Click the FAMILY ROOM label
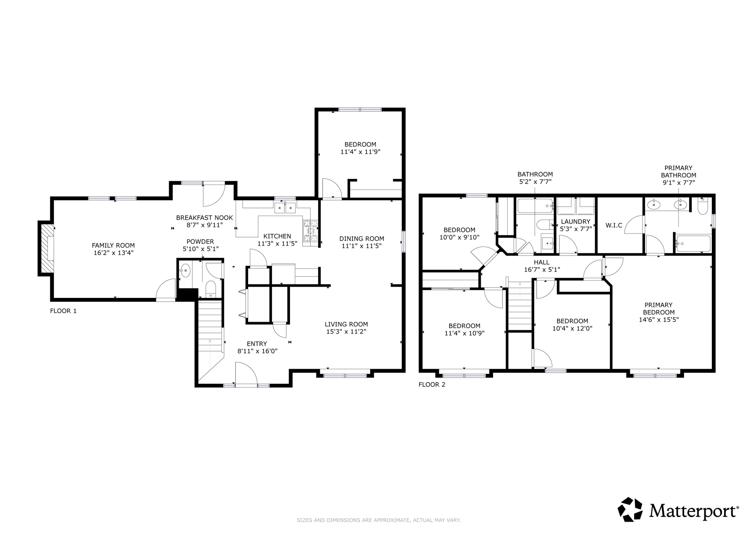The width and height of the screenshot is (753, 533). tap(113, 245)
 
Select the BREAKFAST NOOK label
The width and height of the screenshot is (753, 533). tap(204, 218)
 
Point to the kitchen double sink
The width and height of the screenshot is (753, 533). tap(285, 208)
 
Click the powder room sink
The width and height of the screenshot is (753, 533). tap(185, 271)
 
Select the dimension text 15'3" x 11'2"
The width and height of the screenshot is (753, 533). tap(346, 331)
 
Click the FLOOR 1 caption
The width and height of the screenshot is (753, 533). tap(63, 311)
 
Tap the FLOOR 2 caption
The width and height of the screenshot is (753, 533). tap(432, 384)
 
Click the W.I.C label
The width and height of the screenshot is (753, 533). tap(614, 225)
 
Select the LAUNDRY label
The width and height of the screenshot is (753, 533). tap(576, 221)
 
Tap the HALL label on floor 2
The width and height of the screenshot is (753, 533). tap(541, 262)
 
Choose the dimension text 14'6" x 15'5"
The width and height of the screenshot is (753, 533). tap(659, 319)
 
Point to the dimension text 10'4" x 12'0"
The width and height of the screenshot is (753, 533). tap(572, 328)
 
